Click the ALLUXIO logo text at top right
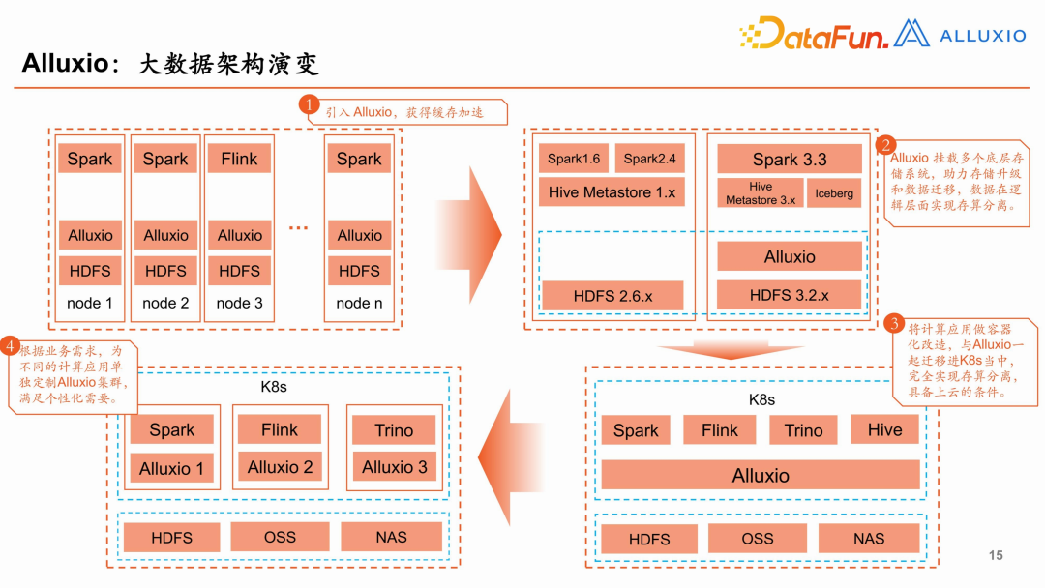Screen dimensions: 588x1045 click(982, 36)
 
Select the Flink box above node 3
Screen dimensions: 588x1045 click(239, 160)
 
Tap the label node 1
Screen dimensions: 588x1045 click(90, 303)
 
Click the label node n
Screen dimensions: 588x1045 click(359, 303)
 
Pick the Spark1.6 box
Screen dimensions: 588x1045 click(574, 159)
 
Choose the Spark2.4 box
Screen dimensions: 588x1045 click(649, 159)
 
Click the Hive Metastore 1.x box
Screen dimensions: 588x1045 click(612, 192)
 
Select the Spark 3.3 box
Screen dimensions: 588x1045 click(790, 160)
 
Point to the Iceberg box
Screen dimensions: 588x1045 click(834, 193)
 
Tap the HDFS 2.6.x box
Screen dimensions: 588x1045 click(612, 296)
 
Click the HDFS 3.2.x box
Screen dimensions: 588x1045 click(790, 295)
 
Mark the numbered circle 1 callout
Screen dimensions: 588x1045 click(309, 104)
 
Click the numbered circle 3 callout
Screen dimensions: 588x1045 click(895, 324)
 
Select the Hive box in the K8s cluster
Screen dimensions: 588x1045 click(884, 430)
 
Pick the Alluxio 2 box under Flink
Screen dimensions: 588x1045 click(280, 467)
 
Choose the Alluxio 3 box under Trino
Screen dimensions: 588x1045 click(394, 467)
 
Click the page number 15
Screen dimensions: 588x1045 click(996, 555)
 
